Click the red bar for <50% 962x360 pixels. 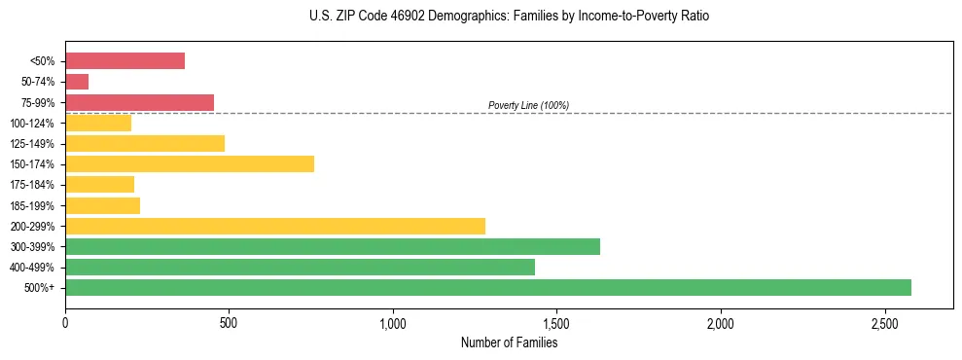[125, 61]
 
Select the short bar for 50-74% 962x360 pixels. [77, 82]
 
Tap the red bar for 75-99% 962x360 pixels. [139, 102]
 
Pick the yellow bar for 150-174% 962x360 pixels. [190, 163]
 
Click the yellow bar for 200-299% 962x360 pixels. [275, 226]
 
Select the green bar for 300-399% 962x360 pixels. [333, 246]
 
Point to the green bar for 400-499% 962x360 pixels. [300, 267]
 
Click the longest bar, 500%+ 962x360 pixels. [488, 287]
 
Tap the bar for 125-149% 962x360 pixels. [145, 143]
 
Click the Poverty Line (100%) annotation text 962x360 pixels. [528, 105]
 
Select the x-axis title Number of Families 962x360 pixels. [509, 342]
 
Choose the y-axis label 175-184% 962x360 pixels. [32, 185]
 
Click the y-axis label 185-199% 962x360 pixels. [32, 205]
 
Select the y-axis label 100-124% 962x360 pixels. [32, 124]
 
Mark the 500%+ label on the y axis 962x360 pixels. [40, 288]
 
